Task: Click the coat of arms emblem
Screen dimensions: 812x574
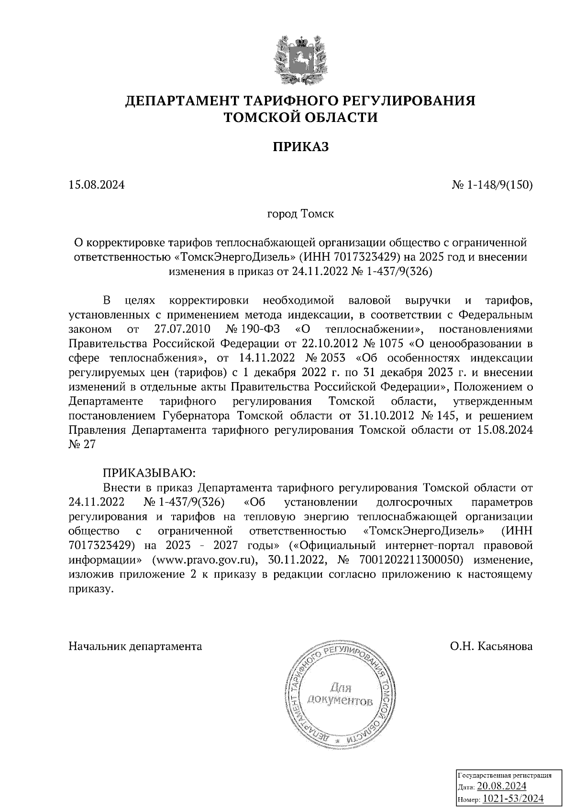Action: tap(300, 60)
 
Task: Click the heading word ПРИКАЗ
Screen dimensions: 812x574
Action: tap(301, 147)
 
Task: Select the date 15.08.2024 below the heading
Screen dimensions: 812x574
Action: tap(97, 185)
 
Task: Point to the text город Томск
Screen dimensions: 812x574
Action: tap(300, 213)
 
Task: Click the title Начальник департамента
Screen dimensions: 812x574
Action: tap(135, 647)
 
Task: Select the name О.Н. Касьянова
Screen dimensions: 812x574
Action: tap(491, 647)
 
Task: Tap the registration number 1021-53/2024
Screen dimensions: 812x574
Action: tap(513, 799)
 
